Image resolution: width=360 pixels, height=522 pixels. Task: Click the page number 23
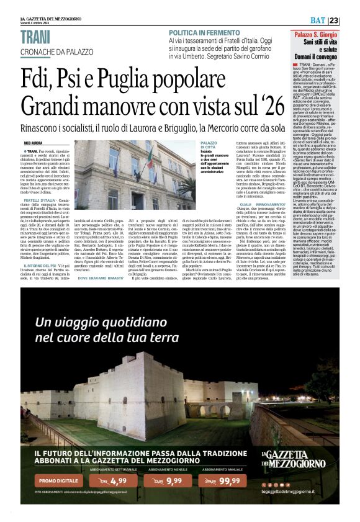(x=351, y=20)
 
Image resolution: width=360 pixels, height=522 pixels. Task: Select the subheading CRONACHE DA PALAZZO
(x=60, y=51)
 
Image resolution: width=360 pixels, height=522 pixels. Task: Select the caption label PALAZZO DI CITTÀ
(x=208, y=146)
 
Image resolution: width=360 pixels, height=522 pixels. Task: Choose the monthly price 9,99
(x=174, y=480)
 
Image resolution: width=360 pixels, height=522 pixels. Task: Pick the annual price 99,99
(x=229, y=480)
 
